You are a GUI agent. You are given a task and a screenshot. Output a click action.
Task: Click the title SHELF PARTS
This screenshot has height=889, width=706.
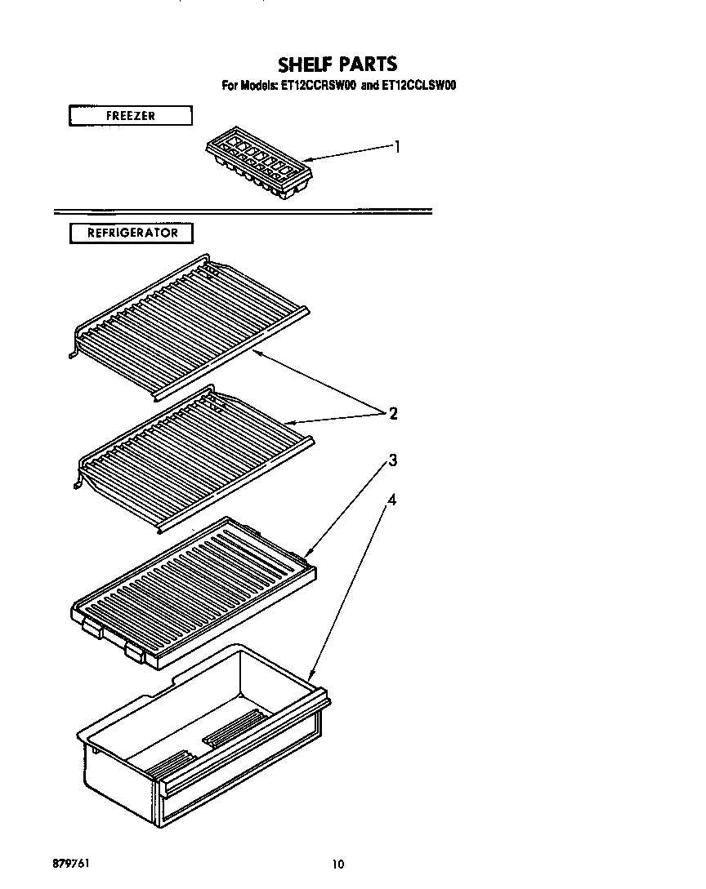337,64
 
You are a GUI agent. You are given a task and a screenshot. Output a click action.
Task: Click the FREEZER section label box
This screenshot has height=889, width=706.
130,116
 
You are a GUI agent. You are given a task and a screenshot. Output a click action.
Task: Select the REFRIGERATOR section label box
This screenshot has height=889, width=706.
132,233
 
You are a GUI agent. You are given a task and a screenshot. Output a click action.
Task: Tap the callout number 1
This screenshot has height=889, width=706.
397,147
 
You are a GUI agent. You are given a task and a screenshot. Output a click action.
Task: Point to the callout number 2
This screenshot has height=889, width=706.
393,414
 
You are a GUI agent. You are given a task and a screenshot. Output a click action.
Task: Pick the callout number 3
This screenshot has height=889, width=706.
392,461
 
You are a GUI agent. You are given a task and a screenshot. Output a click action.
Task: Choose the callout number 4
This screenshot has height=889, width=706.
392,500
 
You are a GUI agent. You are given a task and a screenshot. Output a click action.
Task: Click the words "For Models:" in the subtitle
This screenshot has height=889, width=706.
248,85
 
